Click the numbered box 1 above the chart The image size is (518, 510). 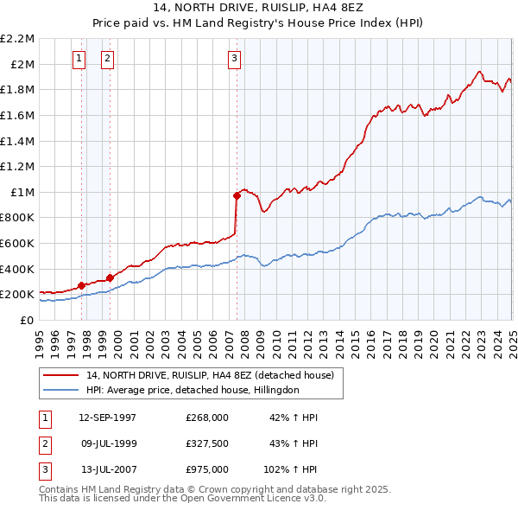(79, 59)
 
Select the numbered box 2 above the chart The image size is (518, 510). (108, 59)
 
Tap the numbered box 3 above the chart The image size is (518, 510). (234, 59)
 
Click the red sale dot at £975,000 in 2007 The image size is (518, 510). (237, 195)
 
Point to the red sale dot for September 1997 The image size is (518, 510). (81, 285)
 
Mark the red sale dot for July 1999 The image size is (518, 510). (111, 277)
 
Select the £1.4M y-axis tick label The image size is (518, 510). (19, 141)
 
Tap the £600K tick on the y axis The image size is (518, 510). (19, 243)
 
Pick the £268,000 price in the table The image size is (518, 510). (207, 418)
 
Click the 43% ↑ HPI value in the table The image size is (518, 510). (294, 443)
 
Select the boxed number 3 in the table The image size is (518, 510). (44, 469)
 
